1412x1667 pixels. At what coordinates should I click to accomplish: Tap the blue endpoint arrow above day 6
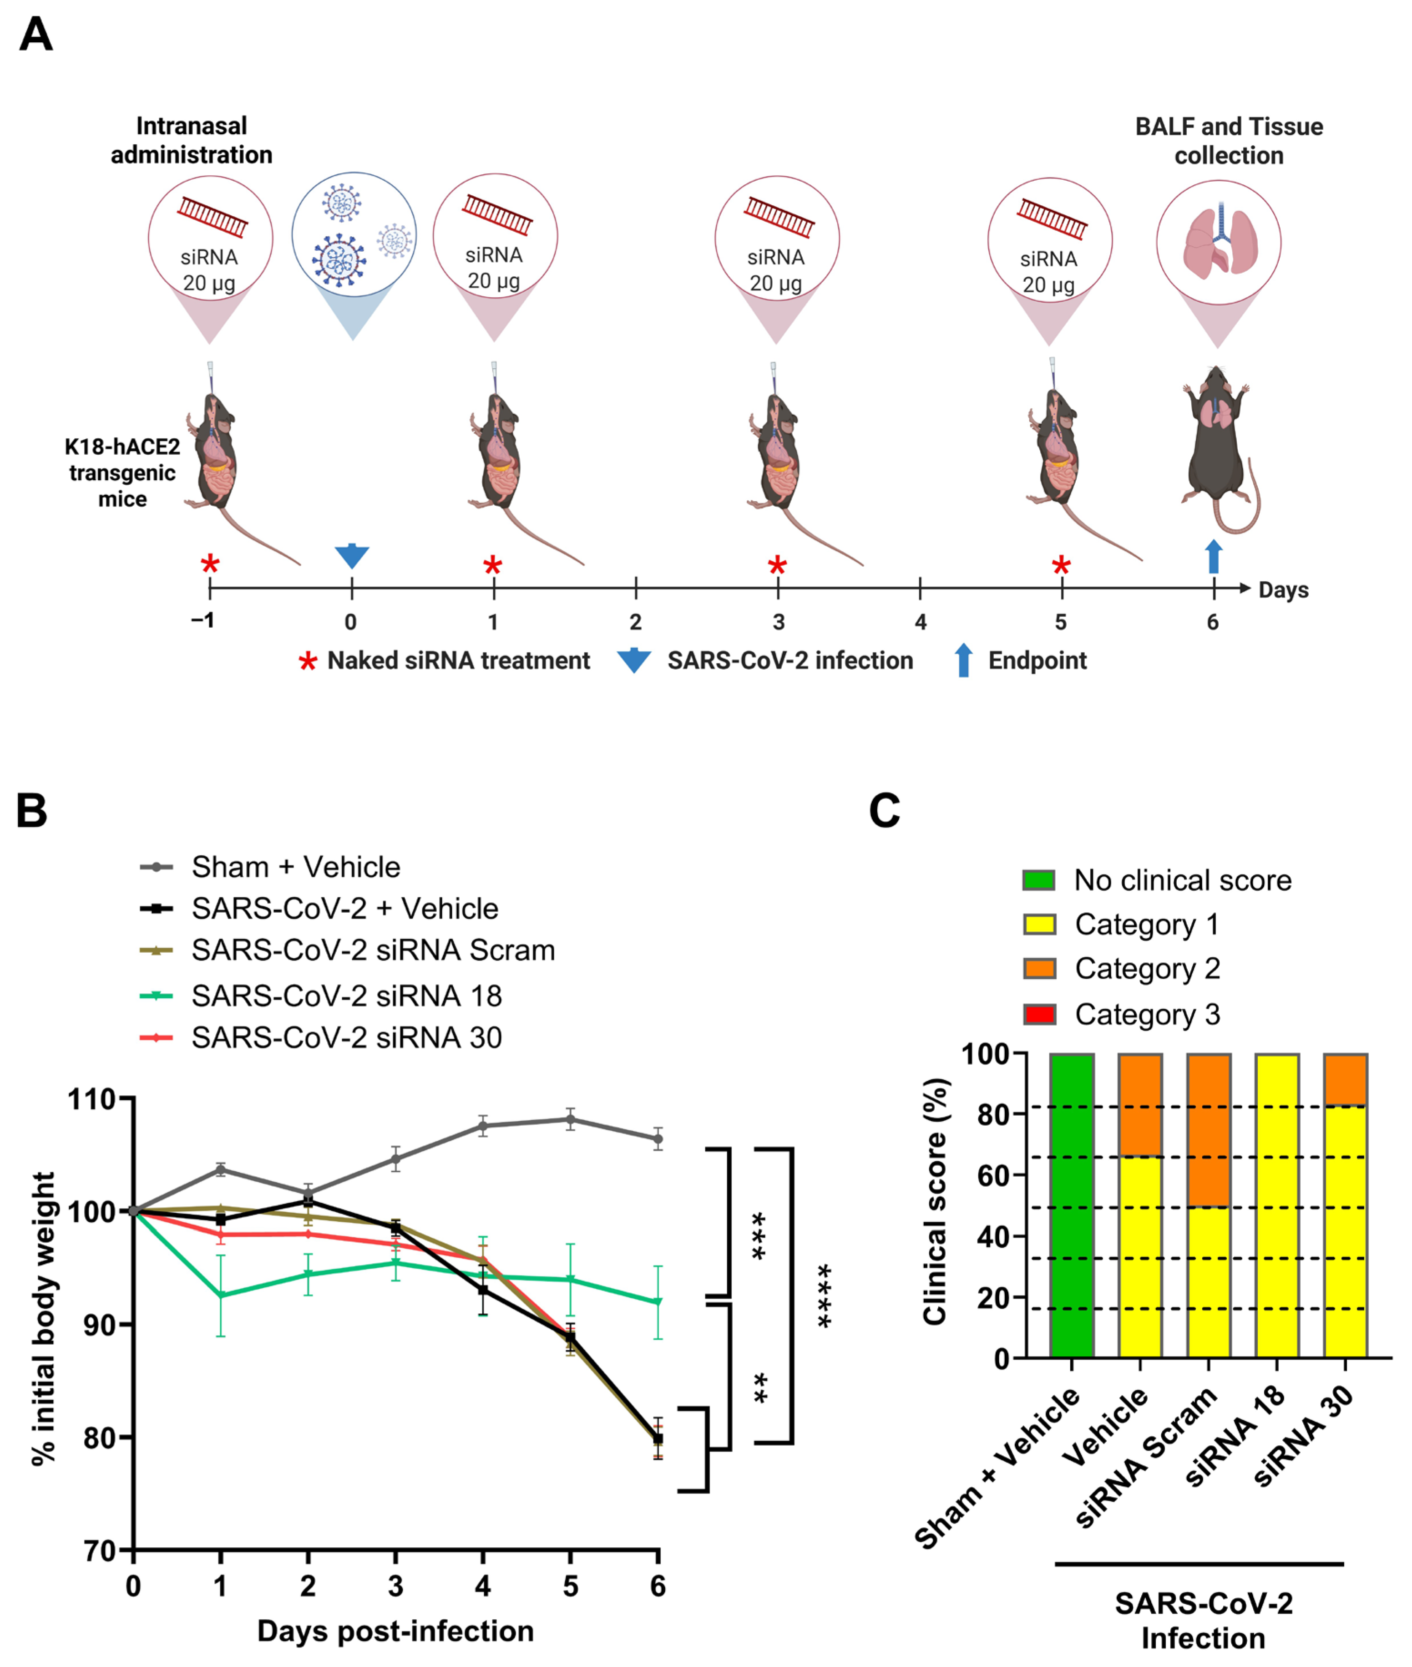click(x=1214, y=556)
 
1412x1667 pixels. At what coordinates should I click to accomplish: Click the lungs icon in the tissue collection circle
click(x=1218, y=240)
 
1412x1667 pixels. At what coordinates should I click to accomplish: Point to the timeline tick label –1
click(x=202, y=620)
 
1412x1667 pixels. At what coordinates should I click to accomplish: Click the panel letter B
click(x=32, y=810)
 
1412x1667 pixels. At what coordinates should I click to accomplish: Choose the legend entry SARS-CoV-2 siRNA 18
click(x=346, y=995)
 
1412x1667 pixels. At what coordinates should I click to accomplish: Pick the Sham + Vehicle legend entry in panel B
click(x=295, y=867)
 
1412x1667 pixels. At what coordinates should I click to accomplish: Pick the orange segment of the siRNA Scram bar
click(x=1209, y=1130)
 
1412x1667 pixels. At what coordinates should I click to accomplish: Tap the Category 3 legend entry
click(x=1146, y=1015)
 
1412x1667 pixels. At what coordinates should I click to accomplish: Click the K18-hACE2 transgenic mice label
click(x=122, y=473)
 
